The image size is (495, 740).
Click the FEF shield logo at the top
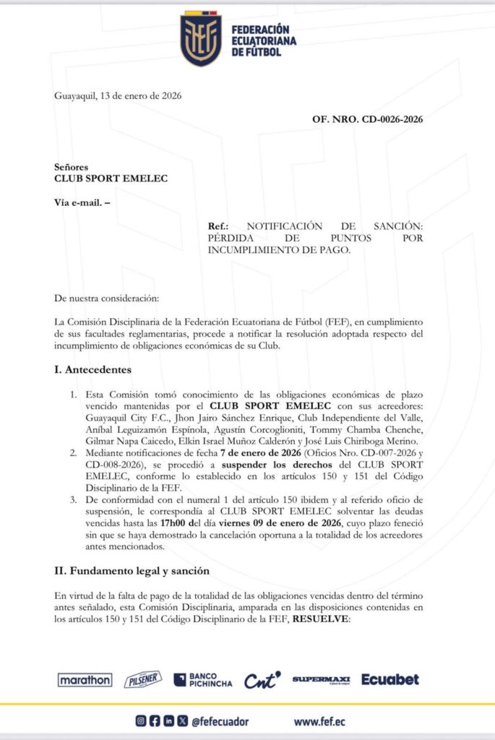(x=201, y=39)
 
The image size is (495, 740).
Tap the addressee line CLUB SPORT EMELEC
(x=111, y=178)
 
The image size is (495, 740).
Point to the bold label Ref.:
(x=218, y=226)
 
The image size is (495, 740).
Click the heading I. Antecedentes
(x=92, y=370)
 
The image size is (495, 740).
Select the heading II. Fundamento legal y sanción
(x=132, y=571)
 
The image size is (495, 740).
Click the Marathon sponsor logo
(x=85, y=679)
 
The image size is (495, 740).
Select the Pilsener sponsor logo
(x=142, y=679)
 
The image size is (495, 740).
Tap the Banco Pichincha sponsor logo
(x=203, y=679)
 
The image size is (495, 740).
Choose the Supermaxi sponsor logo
(x=321, y=679)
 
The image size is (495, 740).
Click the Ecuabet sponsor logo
(x=390, y=679)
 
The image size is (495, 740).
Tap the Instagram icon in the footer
(x=141, y=721)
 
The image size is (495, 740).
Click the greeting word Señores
(x=72, y=166)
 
